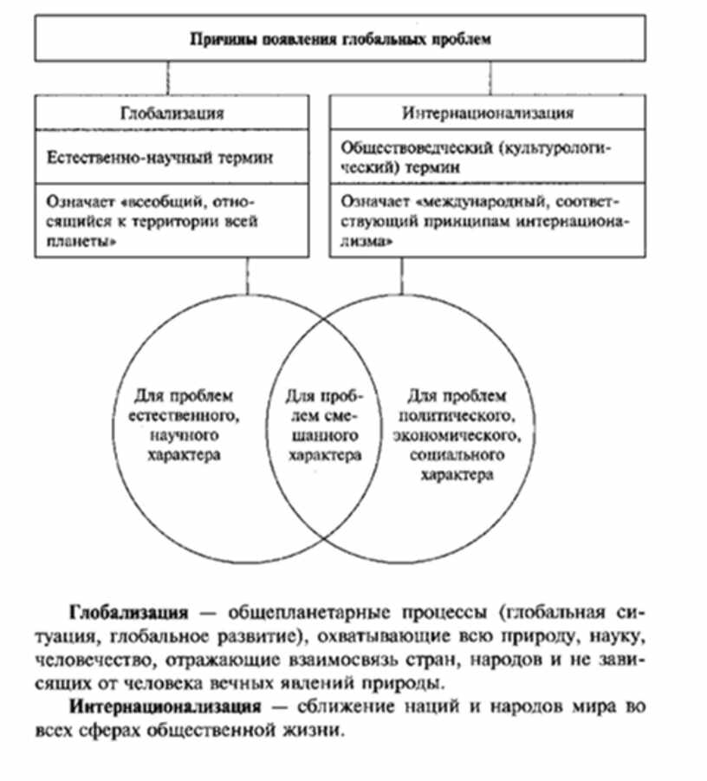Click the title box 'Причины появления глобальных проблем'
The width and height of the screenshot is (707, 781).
[x=340, y=40]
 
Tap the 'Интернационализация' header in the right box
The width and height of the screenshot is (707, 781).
[x=489, y=113]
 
